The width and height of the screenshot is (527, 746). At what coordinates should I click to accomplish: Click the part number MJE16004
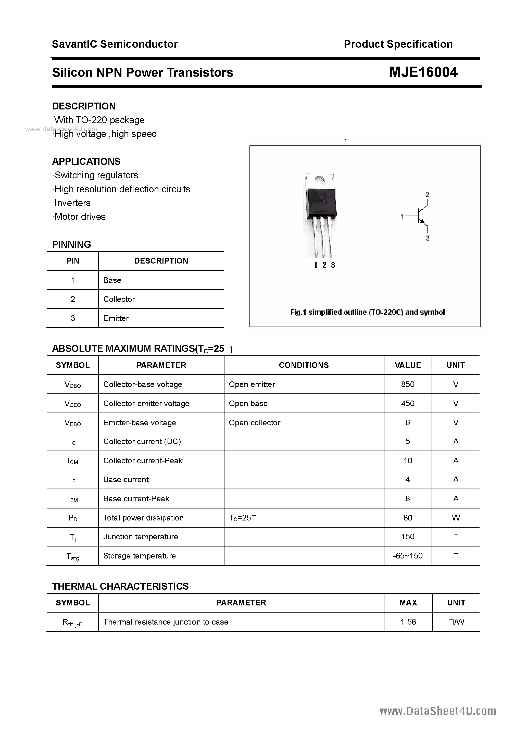[423, 72]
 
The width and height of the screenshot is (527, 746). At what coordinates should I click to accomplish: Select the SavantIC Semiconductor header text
[115, 44]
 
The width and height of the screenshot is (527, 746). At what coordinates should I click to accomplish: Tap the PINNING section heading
[71, 244]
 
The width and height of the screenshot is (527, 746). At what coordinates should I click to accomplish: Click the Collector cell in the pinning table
[119, 299]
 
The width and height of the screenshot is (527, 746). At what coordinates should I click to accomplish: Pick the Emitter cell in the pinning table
[116, 318]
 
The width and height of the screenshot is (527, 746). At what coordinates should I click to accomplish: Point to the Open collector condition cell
[254, 423]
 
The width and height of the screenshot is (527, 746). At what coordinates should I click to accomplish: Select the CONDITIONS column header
[304, 365]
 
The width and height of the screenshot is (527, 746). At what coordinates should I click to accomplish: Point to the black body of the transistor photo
[321, 203]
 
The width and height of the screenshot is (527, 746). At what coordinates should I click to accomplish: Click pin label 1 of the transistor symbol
[402, 216]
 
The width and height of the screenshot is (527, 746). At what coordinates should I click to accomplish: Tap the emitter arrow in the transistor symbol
[422, 222]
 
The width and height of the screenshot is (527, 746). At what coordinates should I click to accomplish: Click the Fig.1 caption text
[367, 313]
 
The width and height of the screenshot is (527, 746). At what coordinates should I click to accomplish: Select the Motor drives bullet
[80, 217]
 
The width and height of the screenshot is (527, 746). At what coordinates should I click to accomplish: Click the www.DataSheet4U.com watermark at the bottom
[438, 711]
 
